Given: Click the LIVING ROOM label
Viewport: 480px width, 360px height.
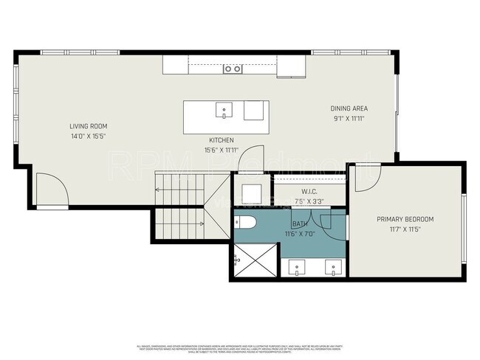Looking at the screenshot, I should pos(88,126).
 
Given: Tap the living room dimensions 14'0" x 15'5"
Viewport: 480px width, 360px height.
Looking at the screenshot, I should pos(88,136).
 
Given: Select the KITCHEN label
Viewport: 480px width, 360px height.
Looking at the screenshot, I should pos(221,140).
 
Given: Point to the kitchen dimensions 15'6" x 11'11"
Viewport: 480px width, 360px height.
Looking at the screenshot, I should pos(221,150).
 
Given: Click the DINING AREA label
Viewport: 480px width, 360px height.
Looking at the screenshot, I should pos(349,108).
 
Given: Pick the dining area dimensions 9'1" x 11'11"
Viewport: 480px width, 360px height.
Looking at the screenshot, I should pos(349,118).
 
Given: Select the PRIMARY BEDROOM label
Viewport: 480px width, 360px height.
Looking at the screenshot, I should pos(405,219).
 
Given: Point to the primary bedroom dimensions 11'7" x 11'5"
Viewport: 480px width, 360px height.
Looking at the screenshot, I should pos(405,229).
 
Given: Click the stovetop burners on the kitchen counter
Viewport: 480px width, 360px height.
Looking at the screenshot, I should pos(233,69).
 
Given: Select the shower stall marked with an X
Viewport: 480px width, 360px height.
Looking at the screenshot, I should pos(254,260).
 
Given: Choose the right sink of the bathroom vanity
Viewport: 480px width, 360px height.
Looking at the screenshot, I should pos(335,268).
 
